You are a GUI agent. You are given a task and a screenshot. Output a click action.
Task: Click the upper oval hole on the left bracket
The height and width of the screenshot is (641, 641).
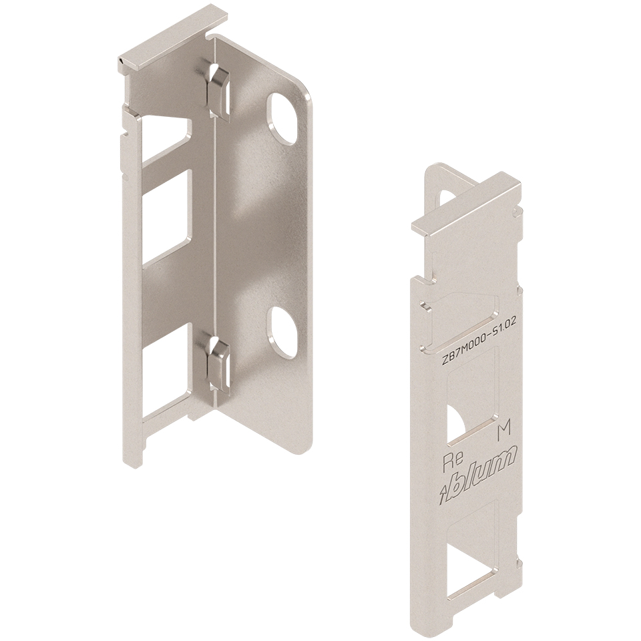[282, 119]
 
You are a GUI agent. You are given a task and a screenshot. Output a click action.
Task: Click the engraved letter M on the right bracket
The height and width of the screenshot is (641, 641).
[503, 433]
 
